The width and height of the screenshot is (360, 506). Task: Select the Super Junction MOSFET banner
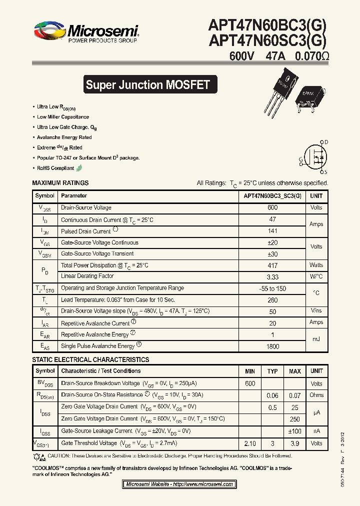pyautogui.click(x=147, y=84)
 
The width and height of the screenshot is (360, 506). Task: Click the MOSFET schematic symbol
pyautogui.click(x=315, y=156)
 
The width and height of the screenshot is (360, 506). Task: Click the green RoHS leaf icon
pyautogui.click(x=79, y=168)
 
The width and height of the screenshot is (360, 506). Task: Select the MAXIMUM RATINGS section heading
pyautogui.click(x=60, y=183)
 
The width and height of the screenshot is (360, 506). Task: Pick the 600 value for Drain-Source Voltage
pyautogui.click(x=272, y=207)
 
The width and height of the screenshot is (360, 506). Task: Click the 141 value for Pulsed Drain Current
pyautogui.click(x=272, y=231)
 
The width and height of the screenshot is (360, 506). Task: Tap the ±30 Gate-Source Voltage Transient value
pyautogui.click(x=272, y=254)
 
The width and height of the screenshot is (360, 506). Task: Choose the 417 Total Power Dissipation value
pyautogui.click(x=272, y=265)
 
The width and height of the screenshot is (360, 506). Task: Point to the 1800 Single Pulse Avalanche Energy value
pyautogui.click(x=272, y=346)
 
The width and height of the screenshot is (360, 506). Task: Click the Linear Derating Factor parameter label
pyautogui.click(x=87, y=276)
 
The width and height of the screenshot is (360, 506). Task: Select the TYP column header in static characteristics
pyautogui.click(x=272, y=371)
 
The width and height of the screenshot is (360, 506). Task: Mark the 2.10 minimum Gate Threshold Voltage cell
pyautogui.click(x=250, y=443)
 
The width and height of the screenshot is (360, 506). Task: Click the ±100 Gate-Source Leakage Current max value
pyautogui.click(x=295, y=431)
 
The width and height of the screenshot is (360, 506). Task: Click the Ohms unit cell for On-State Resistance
pyautogui.click(x=316, y=395)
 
